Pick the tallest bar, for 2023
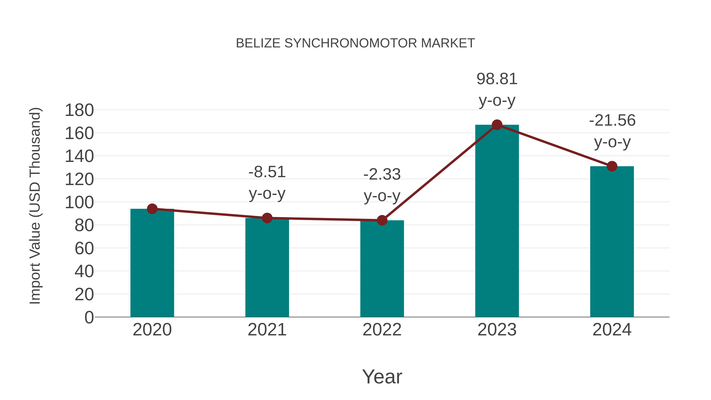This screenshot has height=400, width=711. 497,221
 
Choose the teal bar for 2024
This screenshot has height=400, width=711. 612,242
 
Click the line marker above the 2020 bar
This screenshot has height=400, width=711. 152,209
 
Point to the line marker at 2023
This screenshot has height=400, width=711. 497,125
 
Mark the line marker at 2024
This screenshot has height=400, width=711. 612,166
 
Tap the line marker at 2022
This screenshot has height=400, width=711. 382,220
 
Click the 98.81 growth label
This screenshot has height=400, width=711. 497,79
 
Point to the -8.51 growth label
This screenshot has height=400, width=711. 267,172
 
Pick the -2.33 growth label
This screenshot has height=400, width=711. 382,174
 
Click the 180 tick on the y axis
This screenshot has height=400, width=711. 79,110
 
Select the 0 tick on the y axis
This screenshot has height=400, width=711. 89,317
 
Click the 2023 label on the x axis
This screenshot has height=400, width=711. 497,330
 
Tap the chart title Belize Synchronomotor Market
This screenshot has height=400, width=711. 355,43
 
